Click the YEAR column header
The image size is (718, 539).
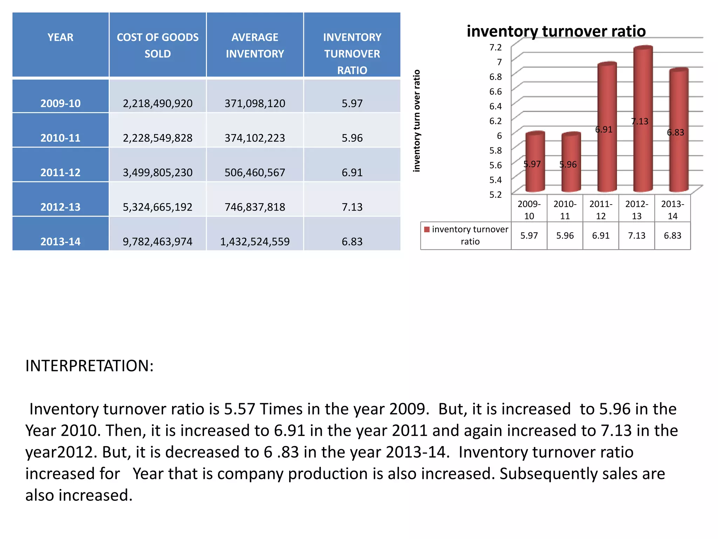click(x=60, y=37)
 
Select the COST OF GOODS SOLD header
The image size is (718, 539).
click(x=157, y=45)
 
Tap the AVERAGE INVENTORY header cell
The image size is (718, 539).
click(x=255, y=45)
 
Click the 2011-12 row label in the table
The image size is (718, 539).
click(x=60, y=172)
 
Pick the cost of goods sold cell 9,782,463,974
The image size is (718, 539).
click(x=157, y=241)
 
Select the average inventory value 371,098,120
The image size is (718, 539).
click(x=255, y=103)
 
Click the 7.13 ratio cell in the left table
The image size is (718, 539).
click(x=352, y=207)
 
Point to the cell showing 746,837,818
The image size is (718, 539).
click(x=255, y=207)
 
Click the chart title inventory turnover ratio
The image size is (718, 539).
click(x=556, y=31)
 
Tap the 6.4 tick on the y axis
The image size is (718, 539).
click(x=495, y=106)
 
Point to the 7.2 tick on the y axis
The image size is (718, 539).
click(x=495, y=47)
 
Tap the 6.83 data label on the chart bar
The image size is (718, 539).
click(x=675, y=132)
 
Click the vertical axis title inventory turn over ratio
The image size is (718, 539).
click(x=416, y=121)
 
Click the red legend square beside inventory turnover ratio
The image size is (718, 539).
click(x=427, y=229)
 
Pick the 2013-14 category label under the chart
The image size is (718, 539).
click(x=672, y=210)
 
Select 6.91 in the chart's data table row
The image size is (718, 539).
click(x=601, y=235)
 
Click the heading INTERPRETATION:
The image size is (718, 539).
click(x=89, y=366)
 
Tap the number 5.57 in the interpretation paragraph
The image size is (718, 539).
click(x=239, y=409)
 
